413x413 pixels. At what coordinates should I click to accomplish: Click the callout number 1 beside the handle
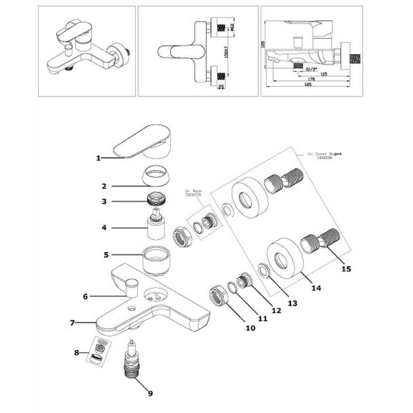pyautogui.click(x=98, y=158)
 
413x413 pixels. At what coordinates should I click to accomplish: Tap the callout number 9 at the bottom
pyautogui.click(x=150, y=393)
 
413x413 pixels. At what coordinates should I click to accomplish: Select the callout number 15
pyautogui.click(x=346, y=269)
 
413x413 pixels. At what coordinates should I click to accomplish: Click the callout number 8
pyautogui.click(x=76, y=353)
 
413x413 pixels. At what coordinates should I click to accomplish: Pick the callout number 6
pyautogui.click(x=85, y=296)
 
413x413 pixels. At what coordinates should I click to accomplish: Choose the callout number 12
pyautogui.click(x=277, y=310)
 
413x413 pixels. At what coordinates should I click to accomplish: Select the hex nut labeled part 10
pyautogui.click(x=218, y=295)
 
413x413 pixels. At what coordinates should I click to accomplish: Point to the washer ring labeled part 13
pyautogui.click(x=263, y=270)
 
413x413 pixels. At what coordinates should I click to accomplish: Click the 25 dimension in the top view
pyautogui.click(x=221, y=87)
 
